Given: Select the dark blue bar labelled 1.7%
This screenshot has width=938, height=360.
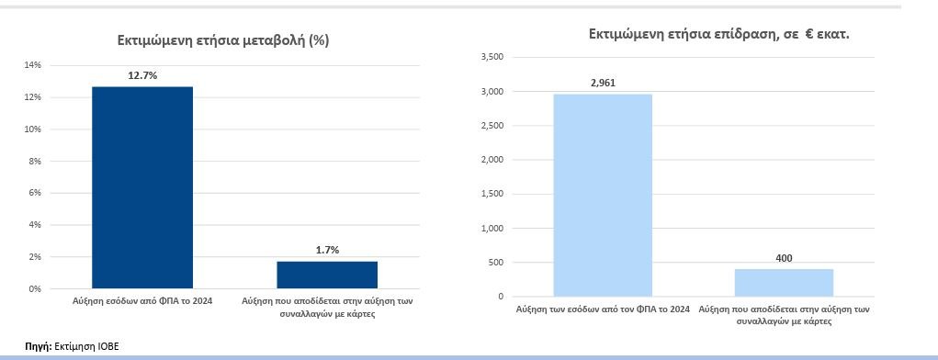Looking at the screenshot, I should coord(327,275).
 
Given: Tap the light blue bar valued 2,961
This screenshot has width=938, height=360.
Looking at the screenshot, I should coord(603,195).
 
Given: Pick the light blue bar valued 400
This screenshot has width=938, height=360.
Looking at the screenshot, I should coord(784,282).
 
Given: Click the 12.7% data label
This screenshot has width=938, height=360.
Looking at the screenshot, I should coord(142,75).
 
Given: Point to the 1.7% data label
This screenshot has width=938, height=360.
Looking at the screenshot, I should coord(327,250).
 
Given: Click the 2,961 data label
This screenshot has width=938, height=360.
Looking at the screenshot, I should coord(603,83).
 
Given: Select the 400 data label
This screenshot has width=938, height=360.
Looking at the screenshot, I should coord(784,258).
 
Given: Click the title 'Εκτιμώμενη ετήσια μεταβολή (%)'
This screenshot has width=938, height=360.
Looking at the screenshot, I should coord(222,40).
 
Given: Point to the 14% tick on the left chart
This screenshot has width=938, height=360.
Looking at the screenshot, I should coord(33,65).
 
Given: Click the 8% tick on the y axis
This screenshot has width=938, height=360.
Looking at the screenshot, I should coord(35,161).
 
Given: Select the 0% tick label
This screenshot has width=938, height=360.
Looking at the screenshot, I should coord(35,288).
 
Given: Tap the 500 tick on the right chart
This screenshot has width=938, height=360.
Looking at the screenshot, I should coord(495,262).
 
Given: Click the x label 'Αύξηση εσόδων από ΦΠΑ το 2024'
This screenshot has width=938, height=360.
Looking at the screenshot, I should coord(142,301).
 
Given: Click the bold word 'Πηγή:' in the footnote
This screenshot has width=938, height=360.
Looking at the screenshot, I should coord(38,346).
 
